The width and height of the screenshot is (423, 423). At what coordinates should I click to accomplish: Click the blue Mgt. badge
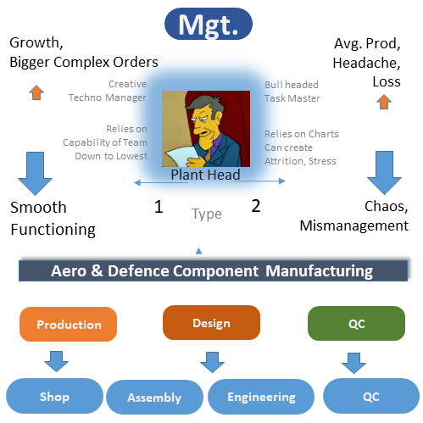point(209,24)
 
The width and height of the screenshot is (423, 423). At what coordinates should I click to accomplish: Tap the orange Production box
point(68,324)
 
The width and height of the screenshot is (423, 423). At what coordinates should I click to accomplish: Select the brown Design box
point(211,322)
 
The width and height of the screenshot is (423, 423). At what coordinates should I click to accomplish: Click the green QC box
point(356,323)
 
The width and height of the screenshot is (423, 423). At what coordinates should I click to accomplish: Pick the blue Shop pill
point(54,396)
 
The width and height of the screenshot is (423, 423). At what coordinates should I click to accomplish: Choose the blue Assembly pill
point(154,397)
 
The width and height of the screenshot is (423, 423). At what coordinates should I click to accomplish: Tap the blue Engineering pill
point(261,397)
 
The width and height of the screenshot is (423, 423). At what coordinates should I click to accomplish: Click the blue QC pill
point(371,396)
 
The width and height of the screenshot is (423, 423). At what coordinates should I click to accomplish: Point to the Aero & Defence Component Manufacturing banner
point(213,270)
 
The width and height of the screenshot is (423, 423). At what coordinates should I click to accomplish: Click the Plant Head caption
point(205,175)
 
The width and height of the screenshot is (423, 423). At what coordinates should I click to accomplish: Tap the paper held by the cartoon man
point(181,156)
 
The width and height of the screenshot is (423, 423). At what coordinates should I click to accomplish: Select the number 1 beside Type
point(159,207)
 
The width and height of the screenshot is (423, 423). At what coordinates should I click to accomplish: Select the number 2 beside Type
point(256,206)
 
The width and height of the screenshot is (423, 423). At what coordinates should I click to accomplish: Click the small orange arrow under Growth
point(36,92)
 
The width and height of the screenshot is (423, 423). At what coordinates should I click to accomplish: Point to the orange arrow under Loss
point(384,102)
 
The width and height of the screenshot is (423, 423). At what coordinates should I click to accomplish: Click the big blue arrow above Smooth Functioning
point(35,174)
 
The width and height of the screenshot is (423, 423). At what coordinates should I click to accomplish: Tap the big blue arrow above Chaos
point(384,173)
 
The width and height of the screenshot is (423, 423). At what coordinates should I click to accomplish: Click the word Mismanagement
point(354,226)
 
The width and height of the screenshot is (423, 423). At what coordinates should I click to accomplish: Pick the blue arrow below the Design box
point(212,362)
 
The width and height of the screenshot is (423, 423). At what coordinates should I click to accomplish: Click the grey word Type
point(207,214)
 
